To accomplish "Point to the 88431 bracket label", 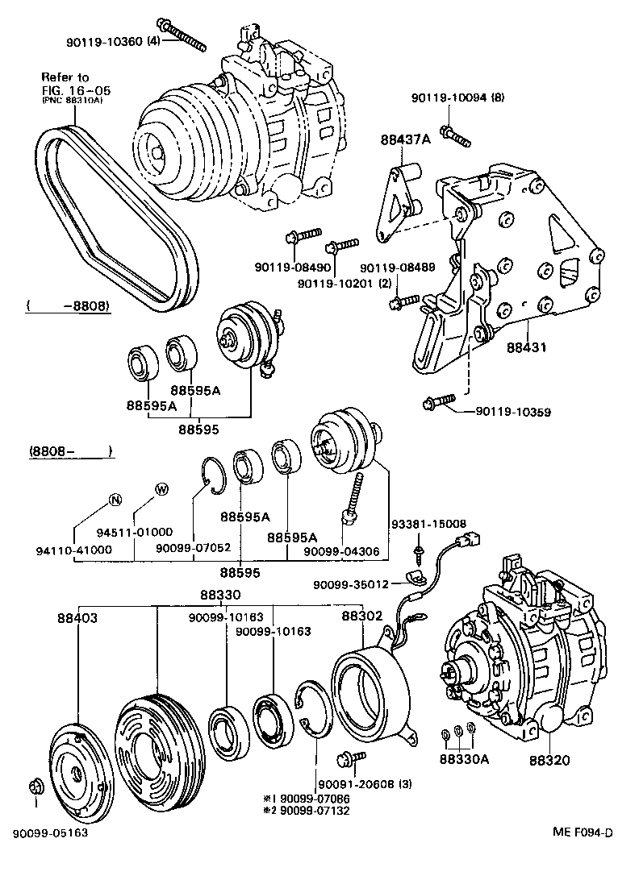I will [527, 348].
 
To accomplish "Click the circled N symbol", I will [115, 500].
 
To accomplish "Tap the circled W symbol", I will [161, 488].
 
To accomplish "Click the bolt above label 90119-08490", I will [297, 237].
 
